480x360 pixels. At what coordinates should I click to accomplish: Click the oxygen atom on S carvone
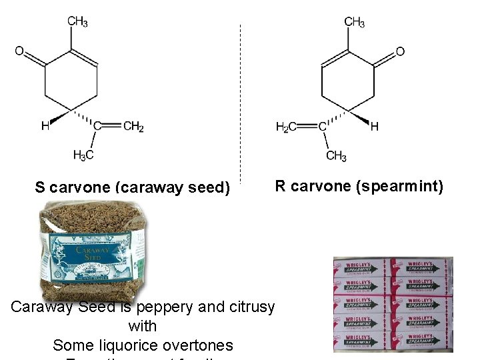[x=19, y=51]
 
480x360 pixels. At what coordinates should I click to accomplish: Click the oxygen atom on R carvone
[x=400, y=51]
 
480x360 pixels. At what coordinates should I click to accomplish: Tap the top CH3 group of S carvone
[x=77, y=22]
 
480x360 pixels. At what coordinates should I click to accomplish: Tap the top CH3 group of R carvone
[x=354, y=22]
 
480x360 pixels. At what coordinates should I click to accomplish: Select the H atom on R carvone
[x=374, y=126]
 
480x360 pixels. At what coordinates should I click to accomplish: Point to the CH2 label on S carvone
[x=133, y=126]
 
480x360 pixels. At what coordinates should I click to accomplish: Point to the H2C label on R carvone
[x=287, y=126]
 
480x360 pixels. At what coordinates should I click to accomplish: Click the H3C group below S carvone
[x=83, y=155]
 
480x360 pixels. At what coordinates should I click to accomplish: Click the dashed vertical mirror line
[x=240, y=100]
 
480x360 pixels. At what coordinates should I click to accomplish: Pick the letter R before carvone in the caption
[x=280, y=185]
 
